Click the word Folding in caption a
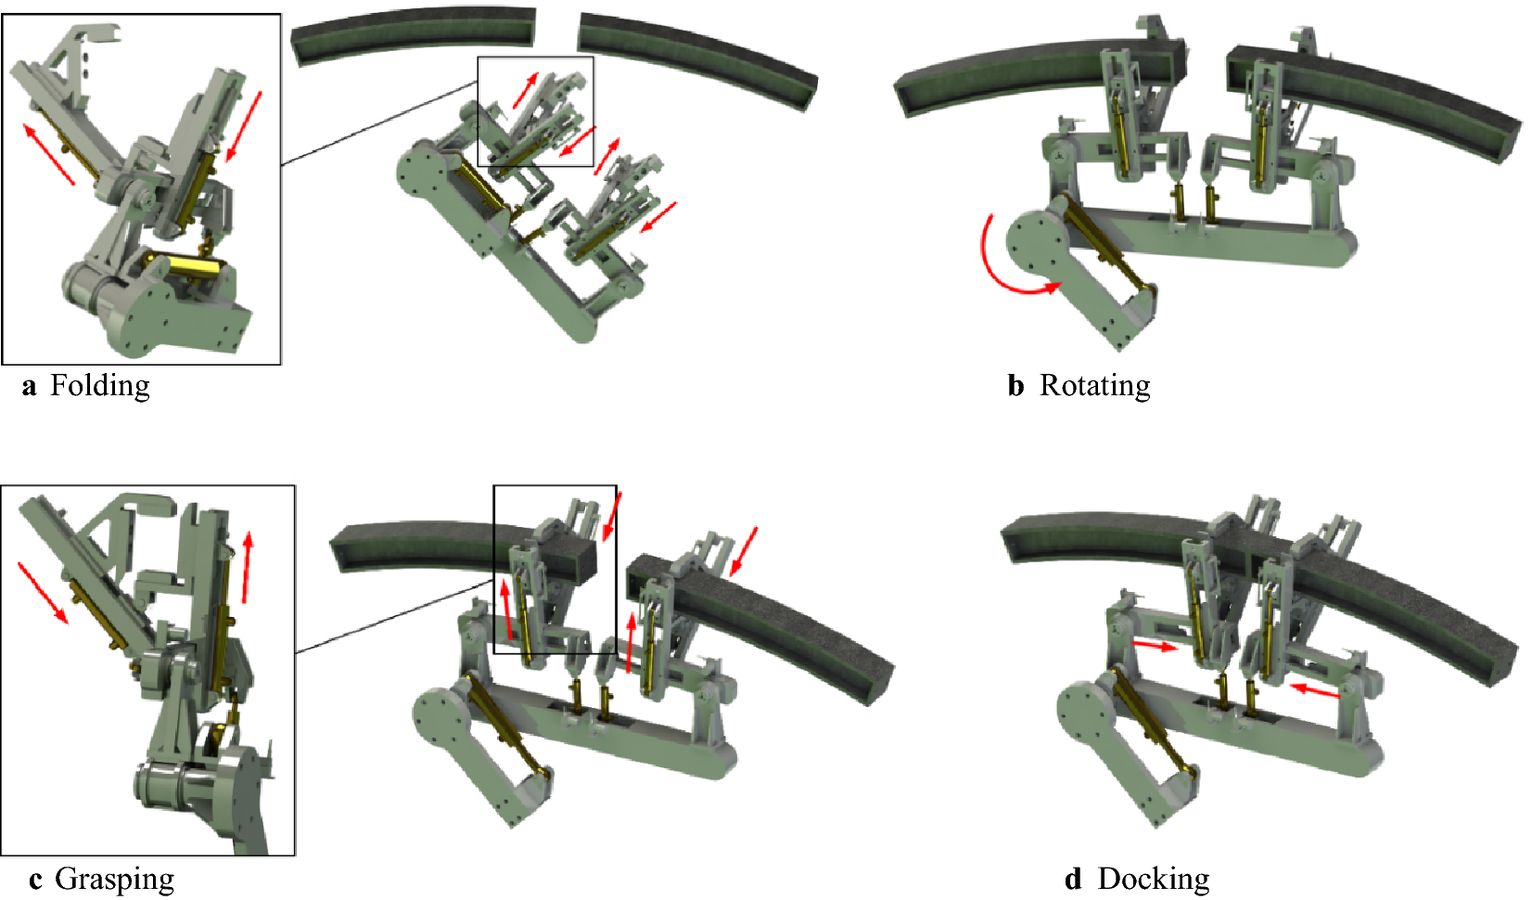100,387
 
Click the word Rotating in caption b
1095,385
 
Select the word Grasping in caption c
114,879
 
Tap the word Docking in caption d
1153,879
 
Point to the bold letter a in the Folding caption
29,388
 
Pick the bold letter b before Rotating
1015,385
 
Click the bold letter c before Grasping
35,881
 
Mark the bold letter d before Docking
1074,879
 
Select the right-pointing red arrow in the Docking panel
1155,646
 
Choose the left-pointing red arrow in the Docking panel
1313,690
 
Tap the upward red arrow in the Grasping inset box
248,568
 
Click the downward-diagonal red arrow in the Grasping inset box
43,594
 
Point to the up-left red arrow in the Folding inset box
48,154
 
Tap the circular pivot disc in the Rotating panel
1037,244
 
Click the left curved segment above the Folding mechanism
414,35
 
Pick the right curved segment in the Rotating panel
1374,96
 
